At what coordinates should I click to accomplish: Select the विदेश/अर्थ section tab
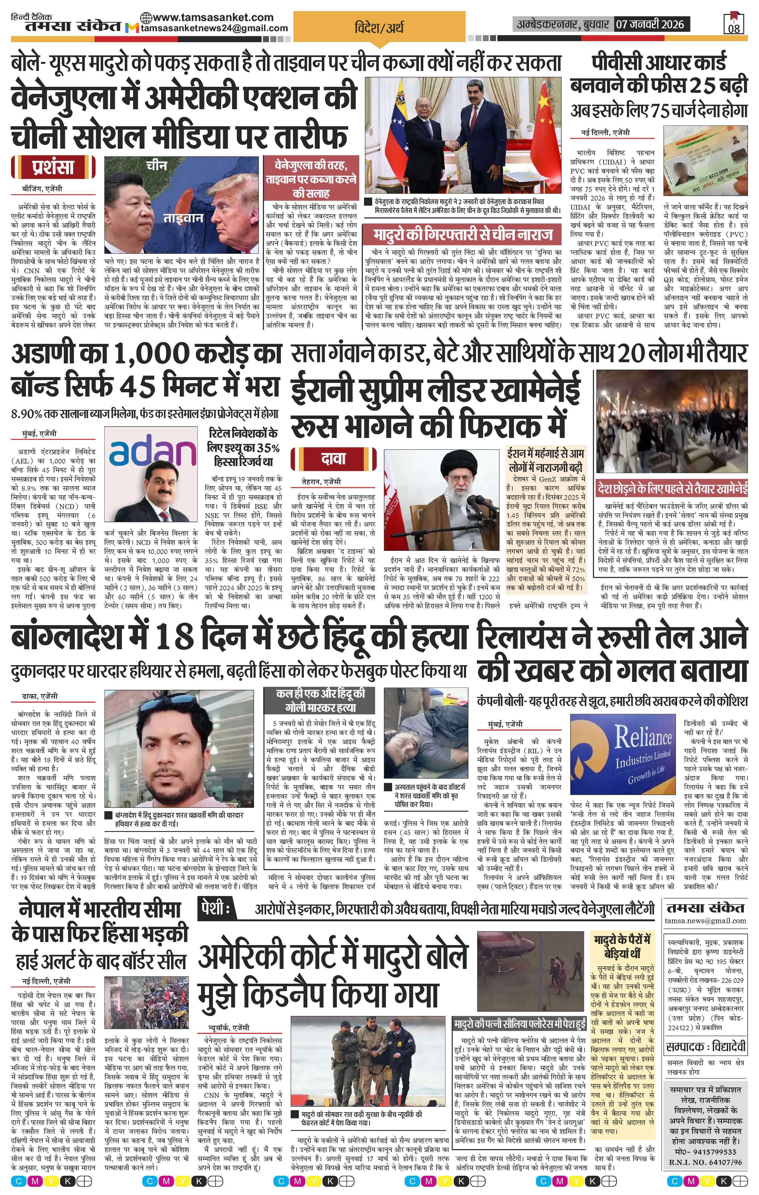(x=379, y=27)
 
